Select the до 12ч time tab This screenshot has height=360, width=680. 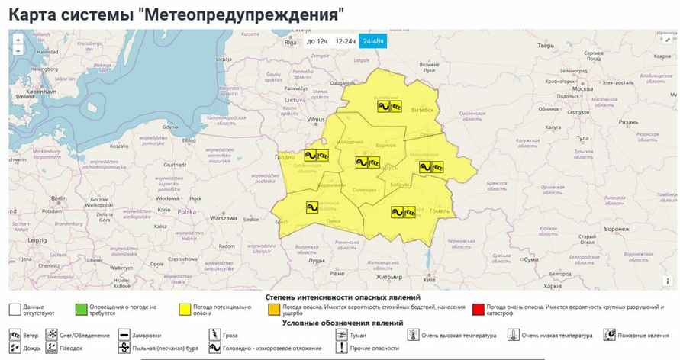click(317, 41)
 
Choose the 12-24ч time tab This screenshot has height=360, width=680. click(345, 41)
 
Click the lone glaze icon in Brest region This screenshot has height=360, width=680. click(311, 207)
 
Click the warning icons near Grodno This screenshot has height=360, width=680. click(317, 156)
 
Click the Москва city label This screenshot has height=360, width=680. click(582, 89)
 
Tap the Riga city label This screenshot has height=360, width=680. click(290, 43)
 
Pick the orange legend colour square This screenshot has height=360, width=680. click(272, 310)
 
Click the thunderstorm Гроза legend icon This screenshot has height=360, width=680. click(213, 335)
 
